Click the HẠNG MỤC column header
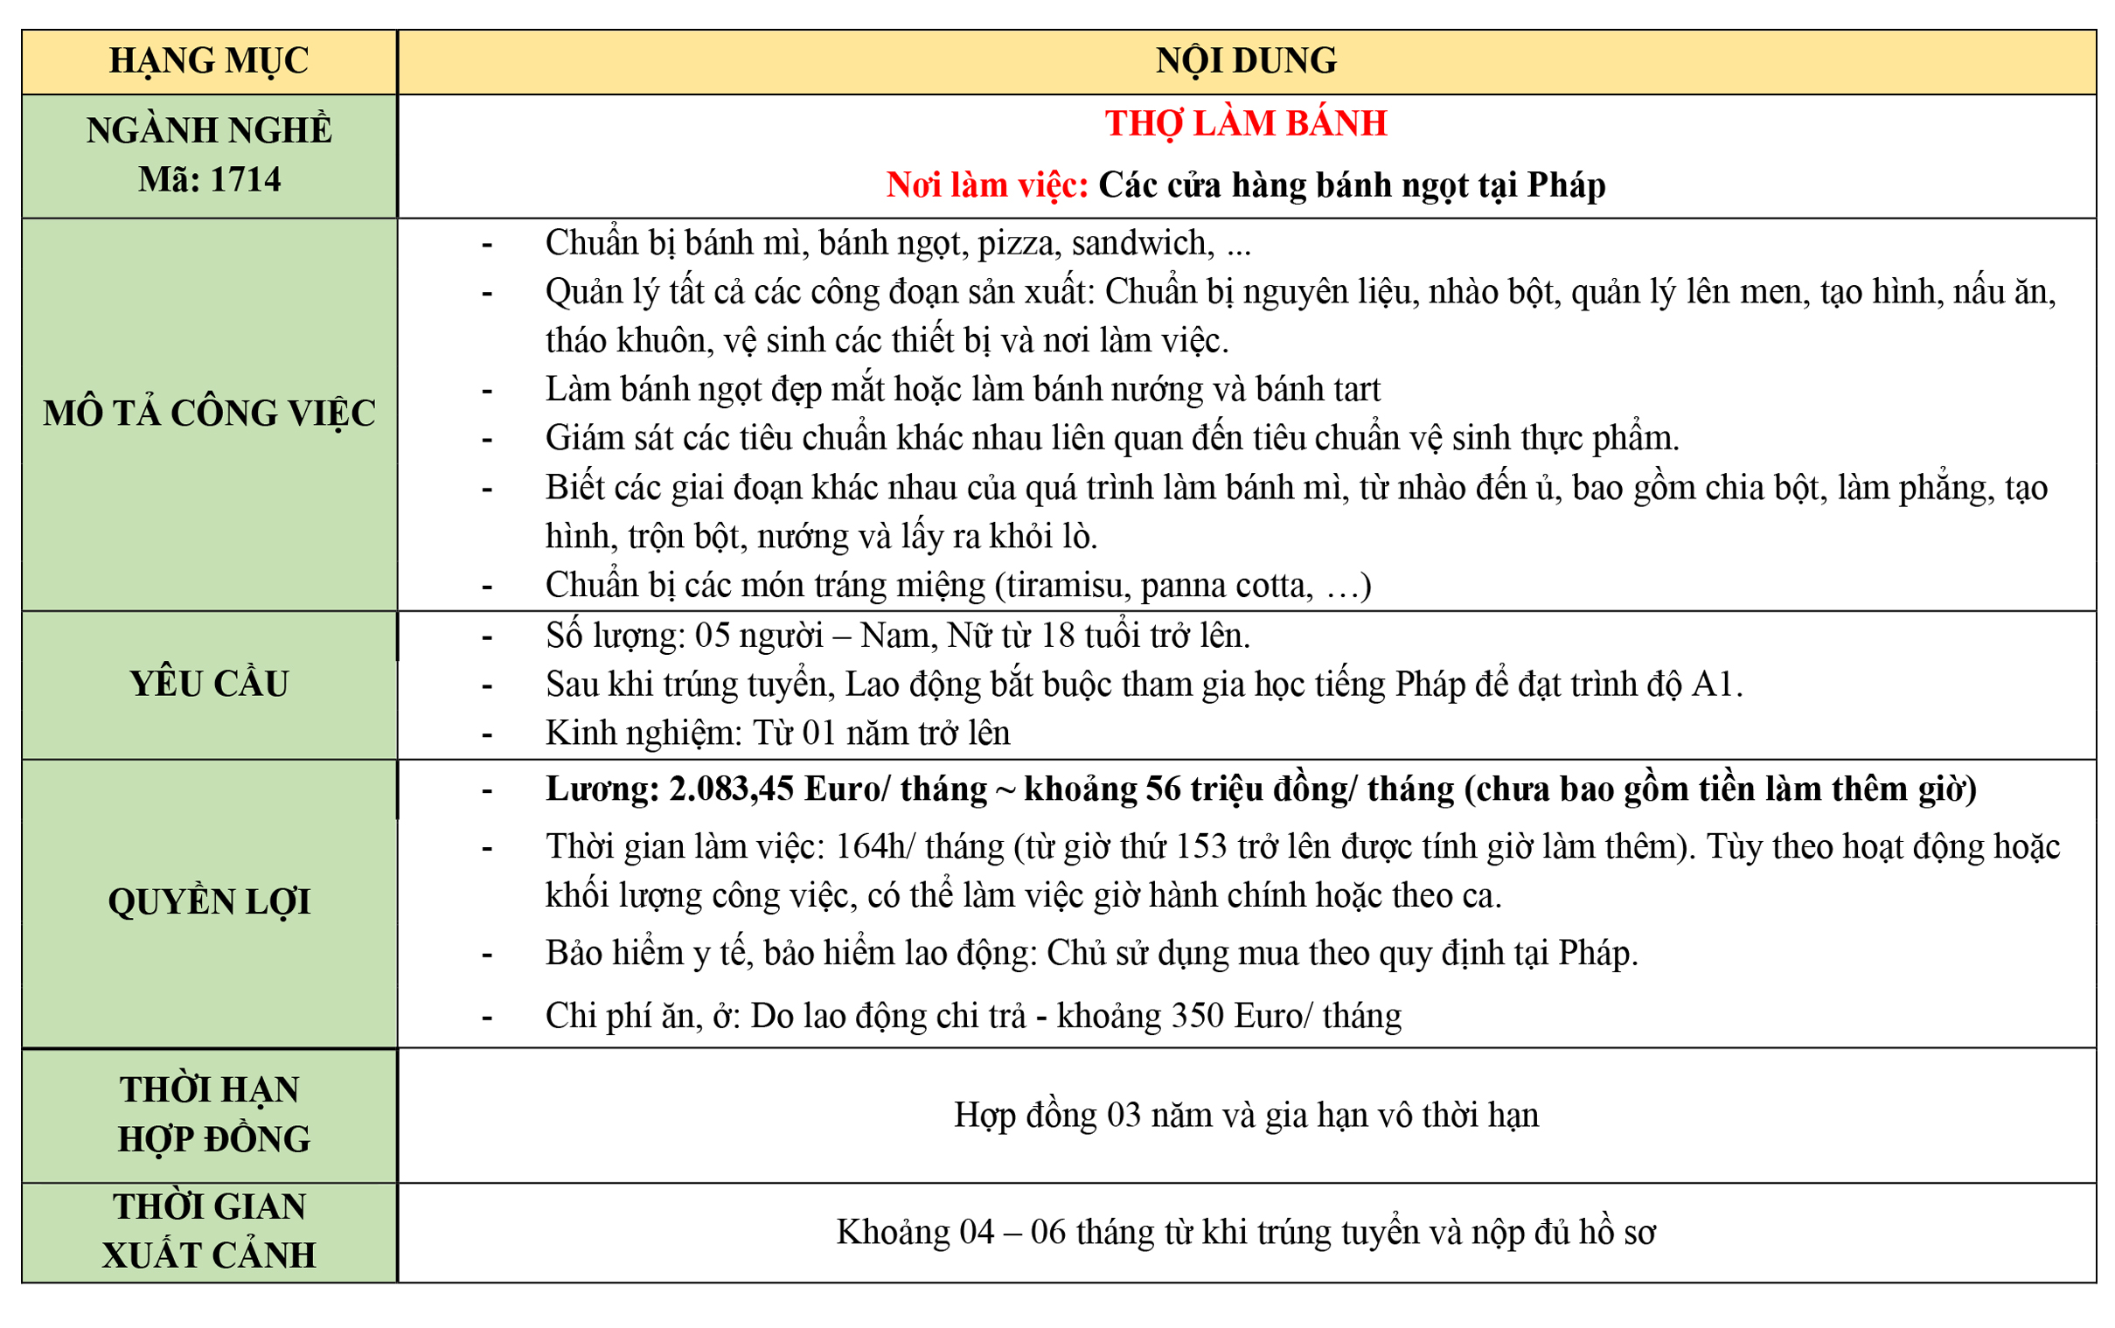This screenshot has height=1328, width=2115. [x=209, y=61]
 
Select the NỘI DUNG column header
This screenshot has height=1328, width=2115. [x=1245, y=61]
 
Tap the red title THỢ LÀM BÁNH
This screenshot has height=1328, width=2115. [x=1245, y=124]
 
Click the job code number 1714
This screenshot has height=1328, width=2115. [x=246, y=180]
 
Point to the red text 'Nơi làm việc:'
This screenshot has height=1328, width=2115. [x=987, y=185]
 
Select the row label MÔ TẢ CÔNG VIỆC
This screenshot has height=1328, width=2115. [x=209, y=414]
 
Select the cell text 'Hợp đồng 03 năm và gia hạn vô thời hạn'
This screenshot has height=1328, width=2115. [x=1245, y=1116]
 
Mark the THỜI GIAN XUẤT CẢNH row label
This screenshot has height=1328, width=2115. [x=209, y=1232]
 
